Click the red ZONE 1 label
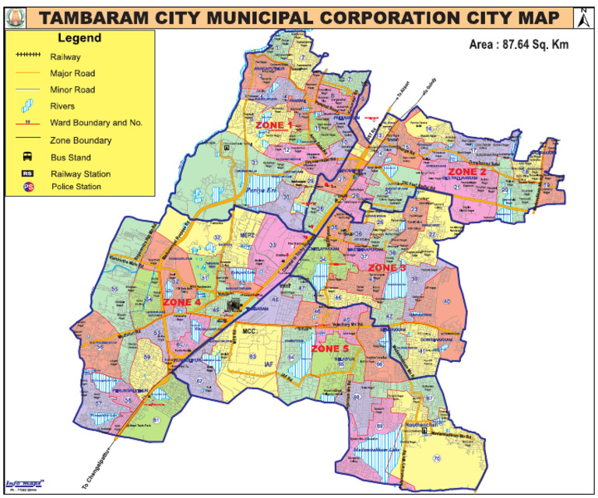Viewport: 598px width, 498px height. pyautogui.click(x=273, y=124)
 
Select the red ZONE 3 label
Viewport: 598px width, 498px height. pyautogui.click(x=387, y=268)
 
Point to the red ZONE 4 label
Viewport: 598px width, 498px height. pyautogui.click(x=181, y=302)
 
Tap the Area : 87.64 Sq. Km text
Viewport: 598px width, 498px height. pyautogui.click(x=519, y=44)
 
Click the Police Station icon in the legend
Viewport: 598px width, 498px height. pyautogui.click(x=29, y=188)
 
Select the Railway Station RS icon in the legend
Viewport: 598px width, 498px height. pyautogui.click(x=29, y=174)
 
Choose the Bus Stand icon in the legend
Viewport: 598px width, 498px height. pyautogui.click(x=29, y=157)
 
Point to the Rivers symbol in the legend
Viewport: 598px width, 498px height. pyautogui.click(x=29, y=107)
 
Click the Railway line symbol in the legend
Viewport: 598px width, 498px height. pyautogui.click(x=29, y=57)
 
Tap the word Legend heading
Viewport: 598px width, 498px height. pyautogui.click(x=77, y=38)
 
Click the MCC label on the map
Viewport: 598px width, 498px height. pyautogui.click(x=249, y=331)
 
